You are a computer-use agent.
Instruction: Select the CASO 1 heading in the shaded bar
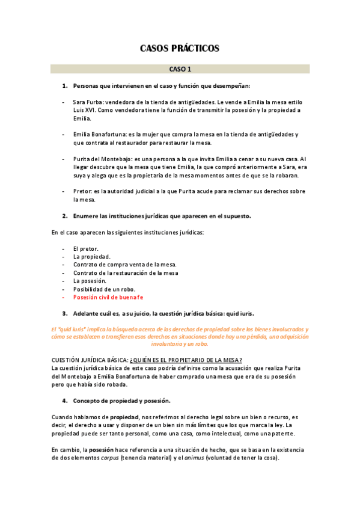tap(180, 69)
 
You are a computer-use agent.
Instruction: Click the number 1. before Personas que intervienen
tap(65, 86)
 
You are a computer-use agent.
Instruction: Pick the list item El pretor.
tap(86, 248)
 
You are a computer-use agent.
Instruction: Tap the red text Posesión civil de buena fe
tap(108, 297)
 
